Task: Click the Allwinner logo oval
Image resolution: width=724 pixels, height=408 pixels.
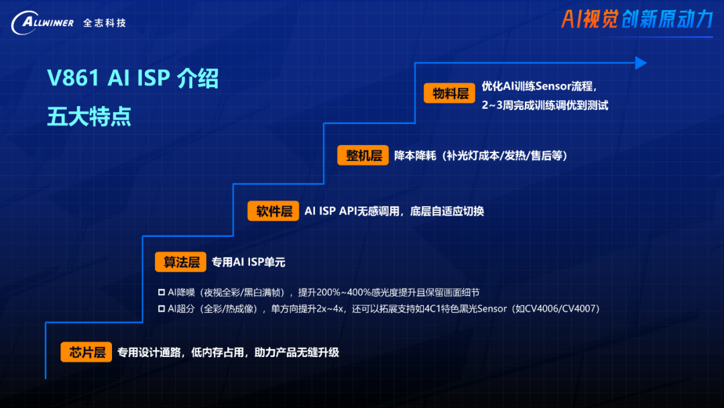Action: [42, 23]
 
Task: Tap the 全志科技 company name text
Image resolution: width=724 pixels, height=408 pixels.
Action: [105, 23]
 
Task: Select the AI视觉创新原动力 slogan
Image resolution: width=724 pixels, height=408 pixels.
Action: [636, 19]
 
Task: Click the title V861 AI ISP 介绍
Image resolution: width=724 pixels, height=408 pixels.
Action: [133, 79]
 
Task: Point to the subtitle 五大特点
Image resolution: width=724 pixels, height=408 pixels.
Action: [89, 116]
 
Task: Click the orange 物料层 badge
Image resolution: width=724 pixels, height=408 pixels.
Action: [450, 93]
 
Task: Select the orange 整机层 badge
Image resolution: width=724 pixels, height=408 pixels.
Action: [363, 156]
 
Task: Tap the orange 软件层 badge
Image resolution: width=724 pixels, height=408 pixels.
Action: [274, 211]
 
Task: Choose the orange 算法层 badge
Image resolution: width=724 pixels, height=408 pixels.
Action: [182, 262]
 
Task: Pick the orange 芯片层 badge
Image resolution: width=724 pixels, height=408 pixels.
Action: [87, 352]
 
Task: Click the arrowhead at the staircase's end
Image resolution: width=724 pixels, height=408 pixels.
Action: [641, 63]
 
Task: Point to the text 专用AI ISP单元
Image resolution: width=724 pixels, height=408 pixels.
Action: [249, 262]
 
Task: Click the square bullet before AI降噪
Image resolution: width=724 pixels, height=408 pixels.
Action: [161, 293]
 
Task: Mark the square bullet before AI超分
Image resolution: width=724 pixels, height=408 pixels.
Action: [161, 309]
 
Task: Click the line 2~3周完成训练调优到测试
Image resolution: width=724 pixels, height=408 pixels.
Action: [544, 105]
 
